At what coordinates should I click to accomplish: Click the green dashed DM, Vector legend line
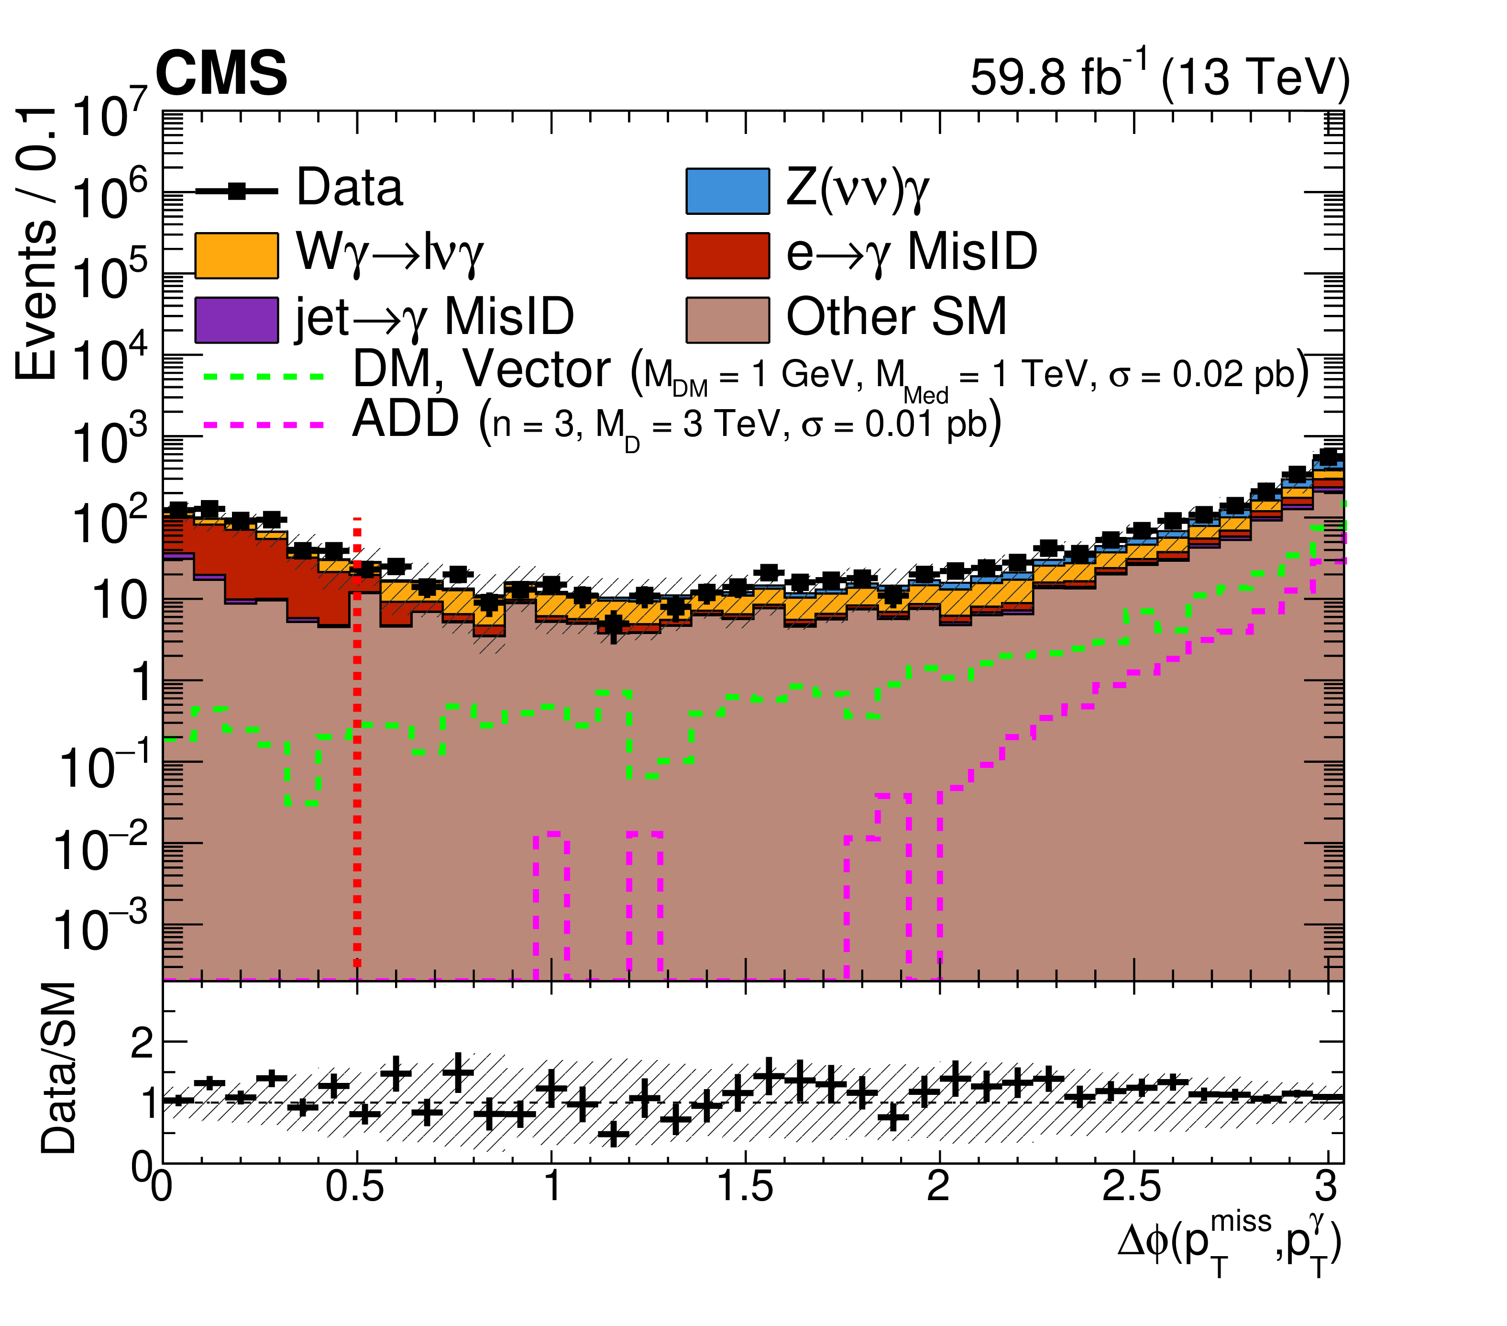[x=263, y=376]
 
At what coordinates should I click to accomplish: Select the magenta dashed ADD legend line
[x=263, y=425]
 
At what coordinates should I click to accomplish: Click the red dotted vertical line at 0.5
[x=357, y=737]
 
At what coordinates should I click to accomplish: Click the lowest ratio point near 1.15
[x=613, y=1134]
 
